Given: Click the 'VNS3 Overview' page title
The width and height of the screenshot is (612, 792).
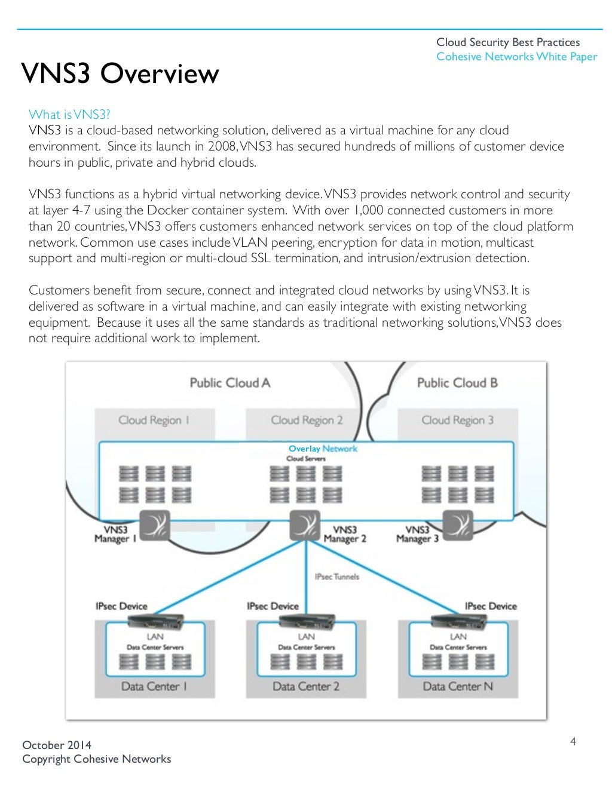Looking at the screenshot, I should point(120,74).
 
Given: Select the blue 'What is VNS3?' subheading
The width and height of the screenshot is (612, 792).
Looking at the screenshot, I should point(69,115).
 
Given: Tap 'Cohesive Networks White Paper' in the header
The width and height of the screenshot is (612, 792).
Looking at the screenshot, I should point(516,57).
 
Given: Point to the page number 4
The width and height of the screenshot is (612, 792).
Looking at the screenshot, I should point(573,742).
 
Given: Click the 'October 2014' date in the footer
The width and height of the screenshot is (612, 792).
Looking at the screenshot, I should point(57,745).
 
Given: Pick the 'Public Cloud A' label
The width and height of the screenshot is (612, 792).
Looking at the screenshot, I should point(230,383).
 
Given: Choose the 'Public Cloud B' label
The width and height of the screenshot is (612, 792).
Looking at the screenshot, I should point(457,383).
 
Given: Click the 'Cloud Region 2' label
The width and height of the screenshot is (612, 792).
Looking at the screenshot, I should point(307,420).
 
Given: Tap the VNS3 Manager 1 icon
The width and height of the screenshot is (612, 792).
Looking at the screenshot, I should point(154,526).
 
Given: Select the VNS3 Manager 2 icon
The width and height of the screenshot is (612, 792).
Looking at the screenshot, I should point(305,526).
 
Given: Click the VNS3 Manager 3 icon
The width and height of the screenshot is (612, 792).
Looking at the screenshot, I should point(458,526).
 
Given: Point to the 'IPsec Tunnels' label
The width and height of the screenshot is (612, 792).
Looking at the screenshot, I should point(337,577).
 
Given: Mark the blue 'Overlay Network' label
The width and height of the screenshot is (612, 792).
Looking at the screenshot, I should point(323,449).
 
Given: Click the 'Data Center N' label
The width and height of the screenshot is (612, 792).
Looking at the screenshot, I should point(458,687).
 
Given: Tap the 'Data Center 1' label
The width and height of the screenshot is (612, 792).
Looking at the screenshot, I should point(154,687).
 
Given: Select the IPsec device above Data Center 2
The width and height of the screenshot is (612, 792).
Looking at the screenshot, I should point(307,621).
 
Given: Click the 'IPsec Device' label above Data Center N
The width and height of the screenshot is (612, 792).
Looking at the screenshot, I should point(491,606).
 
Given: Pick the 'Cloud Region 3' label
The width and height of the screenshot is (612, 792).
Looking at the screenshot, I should point(458,420).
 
